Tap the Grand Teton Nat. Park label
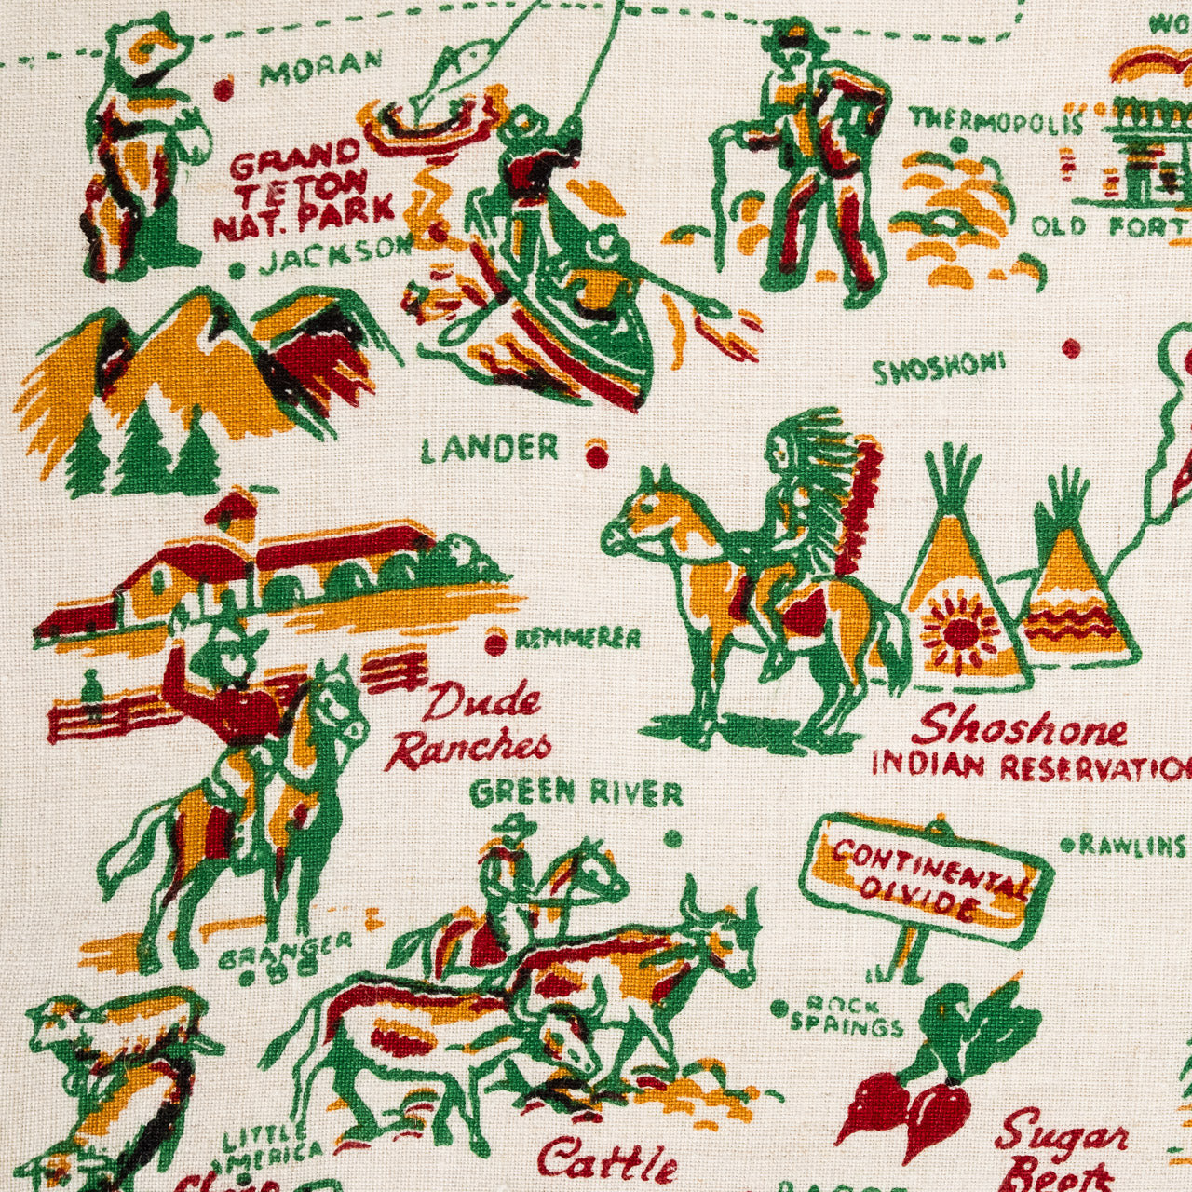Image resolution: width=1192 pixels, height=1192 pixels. (303, 190)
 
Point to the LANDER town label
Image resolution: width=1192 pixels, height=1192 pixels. (490, 450)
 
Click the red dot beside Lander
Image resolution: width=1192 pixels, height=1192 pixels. (597, 456)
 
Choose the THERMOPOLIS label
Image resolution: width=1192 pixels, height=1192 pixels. (996, 120)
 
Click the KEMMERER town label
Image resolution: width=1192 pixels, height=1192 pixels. (577, 639)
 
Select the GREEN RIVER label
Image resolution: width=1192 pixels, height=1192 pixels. (576, 793)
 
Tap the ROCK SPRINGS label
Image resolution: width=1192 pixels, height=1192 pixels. (846, 1016)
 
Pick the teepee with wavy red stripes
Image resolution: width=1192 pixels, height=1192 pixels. (1080, 596)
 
